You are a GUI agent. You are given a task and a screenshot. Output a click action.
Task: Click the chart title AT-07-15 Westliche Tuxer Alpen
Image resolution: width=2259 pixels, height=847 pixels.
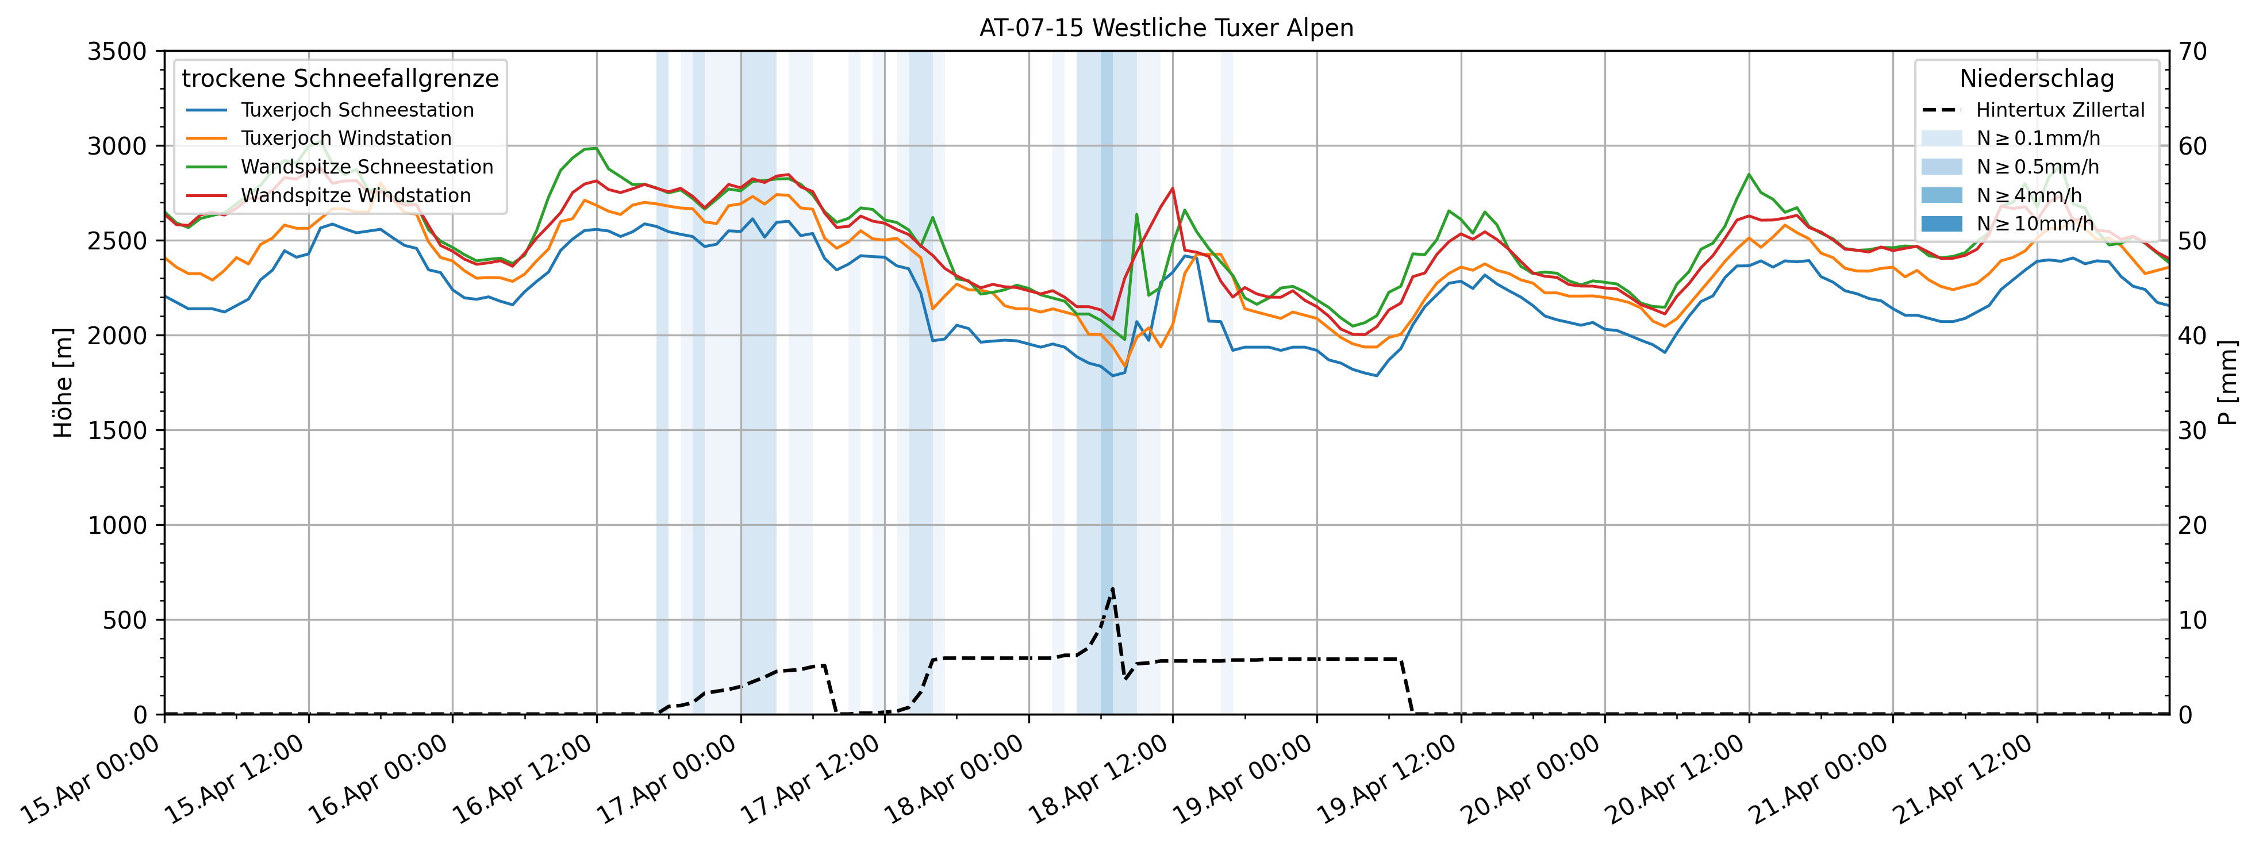click(1166, 28)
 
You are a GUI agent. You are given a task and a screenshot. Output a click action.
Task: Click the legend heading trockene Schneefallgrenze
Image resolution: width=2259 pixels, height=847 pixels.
click(340, 79)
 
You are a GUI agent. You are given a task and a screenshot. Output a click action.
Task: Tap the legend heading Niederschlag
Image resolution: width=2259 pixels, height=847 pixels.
click(2036, 79)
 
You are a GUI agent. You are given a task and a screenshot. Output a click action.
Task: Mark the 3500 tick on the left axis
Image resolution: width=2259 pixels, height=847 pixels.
click(117, 52)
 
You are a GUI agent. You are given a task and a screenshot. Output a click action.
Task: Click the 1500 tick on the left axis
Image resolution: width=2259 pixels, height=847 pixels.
click(117, 430)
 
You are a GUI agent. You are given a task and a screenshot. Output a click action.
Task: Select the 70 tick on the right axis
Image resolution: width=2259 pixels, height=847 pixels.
click(2192, 52)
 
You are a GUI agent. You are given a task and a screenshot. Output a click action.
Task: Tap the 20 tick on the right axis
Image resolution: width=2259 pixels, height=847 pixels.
click(2192, 525)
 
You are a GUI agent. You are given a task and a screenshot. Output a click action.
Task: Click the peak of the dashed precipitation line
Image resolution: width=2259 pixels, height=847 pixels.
click(1113, 588)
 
